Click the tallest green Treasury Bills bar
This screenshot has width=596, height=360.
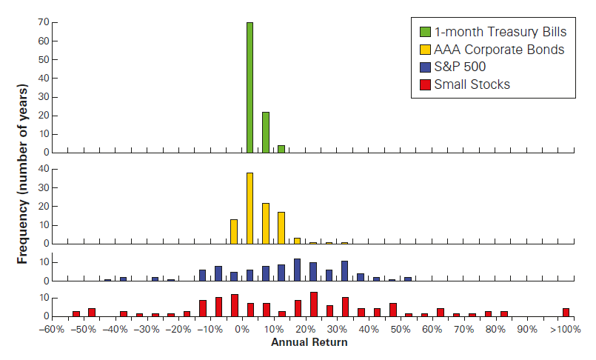pyautogui.click(x=250, y=87)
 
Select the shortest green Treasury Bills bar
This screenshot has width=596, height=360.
pyautogui.click(x=281, y=149)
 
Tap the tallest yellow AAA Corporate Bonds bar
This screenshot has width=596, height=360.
pyautogui.click(x=250, y=208)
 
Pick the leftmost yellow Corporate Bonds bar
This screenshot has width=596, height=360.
pyautogui.click(x=234, y=231)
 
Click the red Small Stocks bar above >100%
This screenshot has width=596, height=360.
pyautogui.click(x=566, y=312)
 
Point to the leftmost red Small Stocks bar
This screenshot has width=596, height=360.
pyautogui.click(x=76, y=313)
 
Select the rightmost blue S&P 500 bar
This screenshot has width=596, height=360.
pyautogui.click(x=408, y=279)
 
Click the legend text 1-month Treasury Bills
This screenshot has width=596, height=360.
pyautogui.click(x=489, y=32)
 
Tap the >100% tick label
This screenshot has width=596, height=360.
pyautogui.click(x=566, y=329)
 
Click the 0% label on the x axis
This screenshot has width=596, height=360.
pyautogui.click(x=242, y=329)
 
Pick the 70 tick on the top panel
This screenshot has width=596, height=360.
pyautogui.click(x=44, y=22)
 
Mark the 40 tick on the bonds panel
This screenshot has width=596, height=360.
pyautogui.click(x=44, y=169)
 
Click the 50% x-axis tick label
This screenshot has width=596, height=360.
pyautogui.click(x=401, y=329)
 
